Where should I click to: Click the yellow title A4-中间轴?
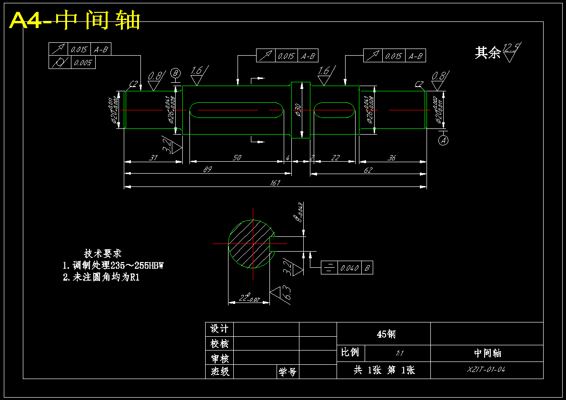(75, 20)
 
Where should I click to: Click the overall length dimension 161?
(275, 182)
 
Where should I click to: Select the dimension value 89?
(208, 169)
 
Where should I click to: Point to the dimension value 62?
(368, 169)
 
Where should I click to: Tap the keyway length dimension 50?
(237, 157)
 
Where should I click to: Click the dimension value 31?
(153, 157)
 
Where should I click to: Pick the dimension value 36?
(392, 157)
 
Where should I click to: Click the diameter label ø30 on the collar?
(298, 110)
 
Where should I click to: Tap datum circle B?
(176, 73)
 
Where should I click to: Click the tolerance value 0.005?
(83, 62)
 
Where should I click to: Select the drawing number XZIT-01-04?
(487, 370)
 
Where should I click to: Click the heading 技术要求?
(103, 254)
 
